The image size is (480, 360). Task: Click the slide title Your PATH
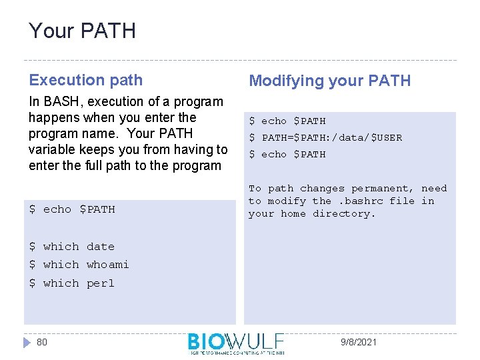pyautogui.click(x=82, y=31)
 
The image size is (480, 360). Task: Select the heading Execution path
pyautogui.click(x=85, y=80)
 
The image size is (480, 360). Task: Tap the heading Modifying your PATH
pyautogui.click(x=329, y=81)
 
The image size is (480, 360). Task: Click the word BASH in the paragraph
pyautogui.click(x=59, y=102)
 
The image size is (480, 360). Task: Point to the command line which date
pyautogui.click(x=72, y=247)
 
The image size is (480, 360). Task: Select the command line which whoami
pyautogui.click(x=79, y=265)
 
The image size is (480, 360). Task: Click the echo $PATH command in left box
pyautogui.click(x=72, y=209)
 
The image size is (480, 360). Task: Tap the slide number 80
pyautogui.click(x=42, y=342)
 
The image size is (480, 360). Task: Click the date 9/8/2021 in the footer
pyautogui.click(x=358, y=342)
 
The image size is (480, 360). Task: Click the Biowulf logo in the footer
pyautogui.click(x=236, y=343)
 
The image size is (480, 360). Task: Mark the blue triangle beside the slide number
pyautogui.click(x=27, y=342)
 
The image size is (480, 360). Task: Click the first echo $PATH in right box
pyautogui.click(x=287, y=121)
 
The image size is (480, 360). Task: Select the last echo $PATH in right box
pyautogui.click(x=287, y=155)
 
